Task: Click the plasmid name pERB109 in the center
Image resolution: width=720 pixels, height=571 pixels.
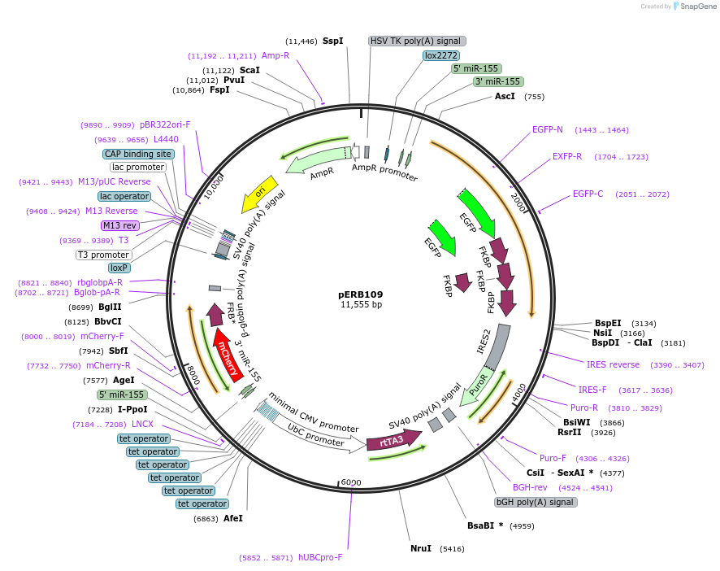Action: tap(360, 294)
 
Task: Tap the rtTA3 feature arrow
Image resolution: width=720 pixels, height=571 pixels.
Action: tap(393, 442)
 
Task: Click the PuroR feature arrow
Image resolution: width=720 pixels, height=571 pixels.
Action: tap(478, 386)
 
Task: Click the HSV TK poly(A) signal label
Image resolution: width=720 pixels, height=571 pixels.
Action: tap(417, 41)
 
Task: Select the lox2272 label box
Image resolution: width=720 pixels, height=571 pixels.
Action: tap(441, 55)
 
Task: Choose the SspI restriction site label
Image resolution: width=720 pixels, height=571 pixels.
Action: tap(332, 41)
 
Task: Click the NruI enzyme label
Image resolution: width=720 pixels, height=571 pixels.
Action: tap(421, 549)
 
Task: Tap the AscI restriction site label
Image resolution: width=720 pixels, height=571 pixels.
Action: tap(505, 96)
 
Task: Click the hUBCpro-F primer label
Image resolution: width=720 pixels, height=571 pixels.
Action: tap(320, 557)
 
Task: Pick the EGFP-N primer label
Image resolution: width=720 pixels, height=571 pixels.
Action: tap(548, 129)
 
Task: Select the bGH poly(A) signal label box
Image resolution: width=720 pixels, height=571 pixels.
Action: tap(536, 502)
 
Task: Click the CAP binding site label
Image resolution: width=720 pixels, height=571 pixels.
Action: tap(138, 154)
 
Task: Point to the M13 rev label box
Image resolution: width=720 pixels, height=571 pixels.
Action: tap(119, 225)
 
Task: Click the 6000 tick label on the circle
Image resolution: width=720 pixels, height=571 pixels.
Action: tap(350, 482)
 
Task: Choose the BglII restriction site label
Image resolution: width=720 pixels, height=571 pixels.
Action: tap(110, 307)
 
